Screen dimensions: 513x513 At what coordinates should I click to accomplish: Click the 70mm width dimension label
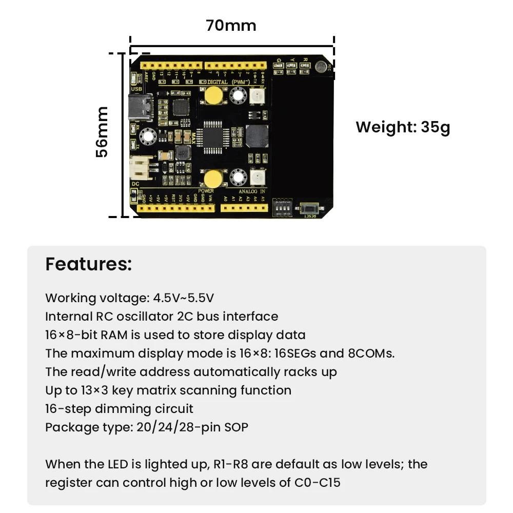point(231,25)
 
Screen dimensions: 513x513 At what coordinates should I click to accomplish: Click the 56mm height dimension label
point(102,132)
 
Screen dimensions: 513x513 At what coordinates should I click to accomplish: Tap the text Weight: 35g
point(403,127)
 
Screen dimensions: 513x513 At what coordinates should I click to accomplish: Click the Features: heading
point(88,264)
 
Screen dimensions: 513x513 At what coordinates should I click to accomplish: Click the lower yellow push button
point(211,177)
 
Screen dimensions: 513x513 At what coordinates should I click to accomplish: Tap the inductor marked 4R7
point(183,151)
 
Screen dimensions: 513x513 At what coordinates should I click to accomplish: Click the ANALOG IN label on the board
point(251,191)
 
